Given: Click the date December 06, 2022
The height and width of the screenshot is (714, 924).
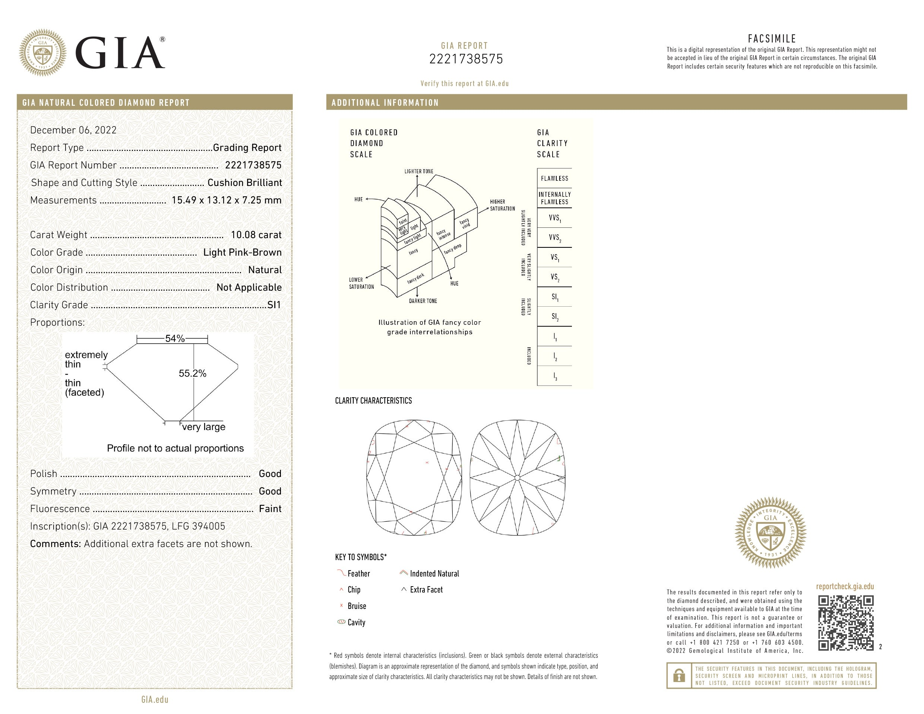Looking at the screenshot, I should coord(73,130).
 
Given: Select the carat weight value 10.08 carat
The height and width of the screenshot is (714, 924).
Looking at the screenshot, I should coord(256,235).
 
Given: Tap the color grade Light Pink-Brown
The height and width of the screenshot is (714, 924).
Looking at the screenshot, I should coord(242,252).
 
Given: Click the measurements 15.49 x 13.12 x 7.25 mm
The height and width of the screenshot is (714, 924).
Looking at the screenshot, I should coord(227,200).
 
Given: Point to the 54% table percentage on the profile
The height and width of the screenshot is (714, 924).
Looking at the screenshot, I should coord(175,339).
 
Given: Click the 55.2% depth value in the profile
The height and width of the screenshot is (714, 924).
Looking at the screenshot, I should coord(193,373).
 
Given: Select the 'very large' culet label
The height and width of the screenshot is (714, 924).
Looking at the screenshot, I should coord(203,427).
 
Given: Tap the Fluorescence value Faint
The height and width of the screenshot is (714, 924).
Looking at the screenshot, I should coord(270,509).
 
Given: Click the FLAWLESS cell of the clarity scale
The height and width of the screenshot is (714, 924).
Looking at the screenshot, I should coord(554,178).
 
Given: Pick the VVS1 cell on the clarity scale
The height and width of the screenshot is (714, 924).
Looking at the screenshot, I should coord(554,218).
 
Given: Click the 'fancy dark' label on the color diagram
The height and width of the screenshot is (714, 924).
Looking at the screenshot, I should coord(415,278).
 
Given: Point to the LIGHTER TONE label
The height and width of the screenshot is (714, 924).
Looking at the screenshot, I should coord(418,171).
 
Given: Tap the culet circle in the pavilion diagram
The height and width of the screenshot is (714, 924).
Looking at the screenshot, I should coord(518,478).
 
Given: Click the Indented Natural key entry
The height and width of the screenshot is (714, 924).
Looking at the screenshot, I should coord(434,574).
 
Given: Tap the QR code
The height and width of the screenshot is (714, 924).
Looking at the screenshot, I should coord(845,623).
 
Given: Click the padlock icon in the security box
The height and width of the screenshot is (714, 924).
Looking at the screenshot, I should coord(679,676).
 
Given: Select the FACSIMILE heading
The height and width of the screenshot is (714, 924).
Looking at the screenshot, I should coord(772,39).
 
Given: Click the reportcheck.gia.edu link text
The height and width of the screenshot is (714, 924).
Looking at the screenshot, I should coord(845,587).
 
